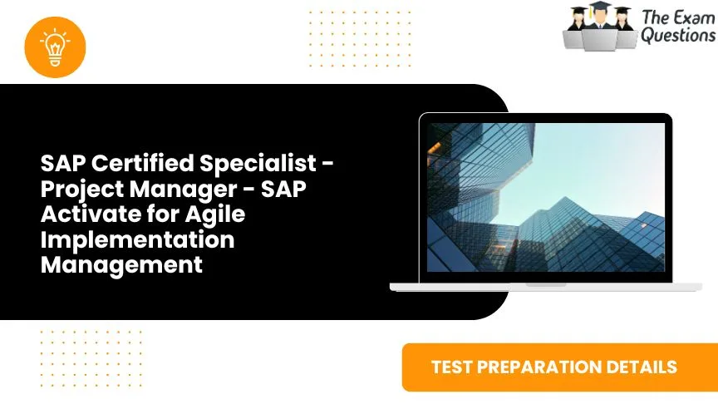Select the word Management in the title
(122, 265)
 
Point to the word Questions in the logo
(677, 36)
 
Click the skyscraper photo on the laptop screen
(545, 199)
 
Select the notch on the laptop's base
(545, 283)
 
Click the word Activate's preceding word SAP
(292, 190)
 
